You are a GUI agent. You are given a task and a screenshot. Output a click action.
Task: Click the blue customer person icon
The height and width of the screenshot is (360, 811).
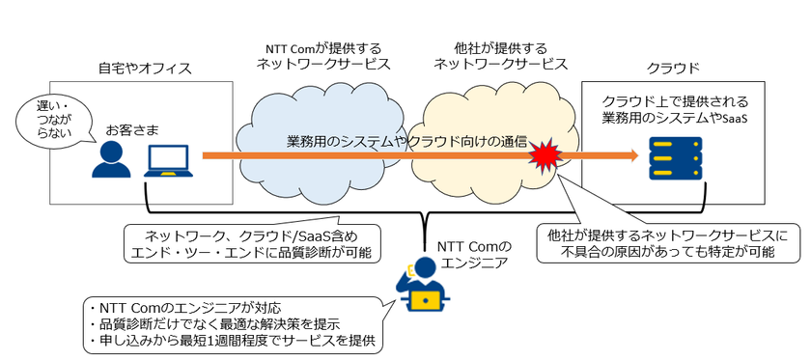point(111,160)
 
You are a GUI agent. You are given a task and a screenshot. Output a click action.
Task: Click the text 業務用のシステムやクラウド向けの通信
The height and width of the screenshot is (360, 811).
point(406,141)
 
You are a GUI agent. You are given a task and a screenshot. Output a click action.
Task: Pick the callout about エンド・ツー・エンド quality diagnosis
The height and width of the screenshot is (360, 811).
point(248,243)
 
